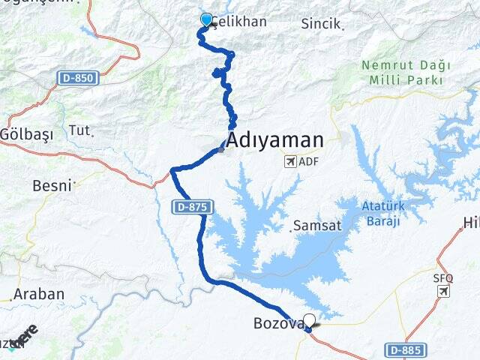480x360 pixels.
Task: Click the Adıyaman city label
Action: pyautogui.click(x=275, y=139)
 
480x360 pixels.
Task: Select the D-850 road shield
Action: pyautogui.click(x=74, y=77)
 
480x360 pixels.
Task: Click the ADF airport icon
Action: pyautogui.click(x=290, y=161)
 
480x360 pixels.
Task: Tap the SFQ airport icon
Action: pyautogui.click(x=443, y=290)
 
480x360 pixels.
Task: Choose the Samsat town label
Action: pyautogui.click(x=317, y=225)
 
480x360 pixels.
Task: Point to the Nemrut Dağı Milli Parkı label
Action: pyautogui.click(x=401, y=72)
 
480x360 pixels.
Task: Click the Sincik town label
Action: pyautogui.click(x=320, y=24)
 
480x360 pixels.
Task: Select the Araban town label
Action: pyautogui.click(x=38, y=294)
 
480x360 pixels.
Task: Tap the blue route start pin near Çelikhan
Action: pyautogui.click(x=206, y=19)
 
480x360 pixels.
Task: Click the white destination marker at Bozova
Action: pyautogui.click(x=309, y=320)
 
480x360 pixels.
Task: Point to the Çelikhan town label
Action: pyautogui.click(x=238, y=21)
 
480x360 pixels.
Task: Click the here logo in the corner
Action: pyautogui.click(x=22, y=334)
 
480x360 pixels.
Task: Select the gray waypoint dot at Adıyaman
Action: pyautogui.click(x=220, y=149)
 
